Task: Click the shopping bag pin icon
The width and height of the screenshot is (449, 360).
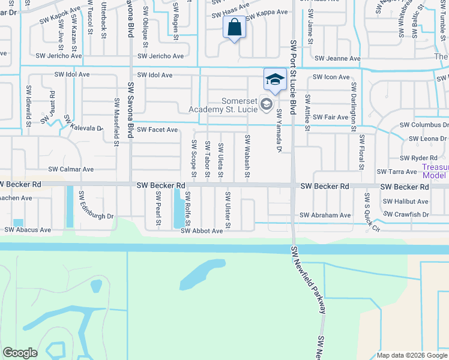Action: pyautogui.click(x=234, y=28)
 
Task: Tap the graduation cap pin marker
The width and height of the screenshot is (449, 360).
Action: pyautogui.click(x=274, y=79)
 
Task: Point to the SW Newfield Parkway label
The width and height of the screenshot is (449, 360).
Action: pyautogui.click(x=309, y=280)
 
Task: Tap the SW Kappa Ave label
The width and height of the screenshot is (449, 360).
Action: pyautogui.click(x=267, y=12)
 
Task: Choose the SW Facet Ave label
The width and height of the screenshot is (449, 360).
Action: pyautogui.click(x=157, y=130)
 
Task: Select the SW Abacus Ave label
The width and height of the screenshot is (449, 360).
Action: pyautogui.click(x=28, y=229)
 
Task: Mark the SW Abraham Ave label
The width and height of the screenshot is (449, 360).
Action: pyautogui.click(x=325, y=215)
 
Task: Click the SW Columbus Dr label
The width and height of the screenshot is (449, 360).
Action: pyautogui.click(x=424, y=125)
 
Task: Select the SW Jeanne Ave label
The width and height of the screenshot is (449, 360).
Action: pyautogui.click(x=337, y=59)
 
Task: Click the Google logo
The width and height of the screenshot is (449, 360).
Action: pyautogui.click(x=20, y=353)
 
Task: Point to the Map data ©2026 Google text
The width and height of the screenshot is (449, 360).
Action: pyautogui.click(x=412, y=355)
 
